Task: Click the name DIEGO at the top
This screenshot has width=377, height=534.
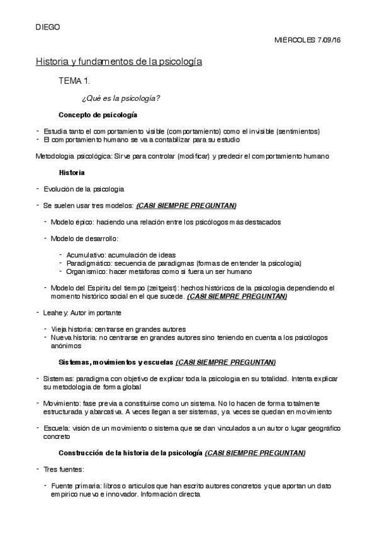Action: pyautogui.click(x=47, y=27)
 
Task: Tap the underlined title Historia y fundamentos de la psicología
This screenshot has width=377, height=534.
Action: pyautogui.click(x=118, y=62)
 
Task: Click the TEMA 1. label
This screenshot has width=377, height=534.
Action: pyautogui.click(x=75, y=81)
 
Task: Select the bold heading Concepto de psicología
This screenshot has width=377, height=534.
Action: pyautogui.click(x=98, y=115)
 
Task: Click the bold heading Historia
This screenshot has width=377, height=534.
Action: pyautogui.click(x=72, y=172)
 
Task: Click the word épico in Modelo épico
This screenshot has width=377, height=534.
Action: pyautogui.click(x=84, y=222)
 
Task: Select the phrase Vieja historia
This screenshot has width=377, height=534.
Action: pyautogui.click(x=69, y=329)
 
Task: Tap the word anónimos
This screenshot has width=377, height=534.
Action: pyautogui.click(x=66, y=346)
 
